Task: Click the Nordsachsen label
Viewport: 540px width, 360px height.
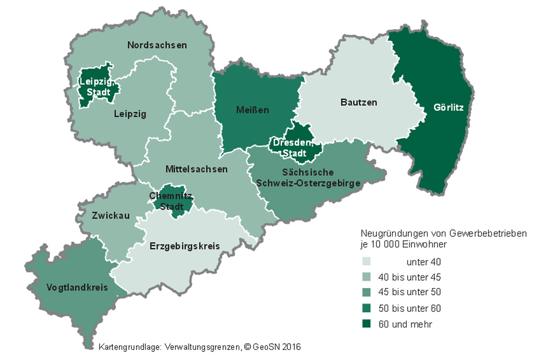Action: point(157,45)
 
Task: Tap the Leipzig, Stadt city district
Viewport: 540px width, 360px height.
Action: point(95,86)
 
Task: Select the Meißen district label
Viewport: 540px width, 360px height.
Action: point(252,110)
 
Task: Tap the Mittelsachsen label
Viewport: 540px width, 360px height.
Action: point(196,169)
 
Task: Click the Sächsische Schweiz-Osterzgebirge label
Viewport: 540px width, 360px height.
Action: point(308,178)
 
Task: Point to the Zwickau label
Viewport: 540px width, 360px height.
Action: point(111,215)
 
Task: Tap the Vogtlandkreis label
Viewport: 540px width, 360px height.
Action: point(77,287)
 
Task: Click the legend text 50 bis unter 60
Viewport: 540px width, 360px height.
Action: point(409,309)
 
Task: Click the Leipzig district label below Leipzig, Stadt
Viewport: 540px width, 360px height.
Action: point(130,114)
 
